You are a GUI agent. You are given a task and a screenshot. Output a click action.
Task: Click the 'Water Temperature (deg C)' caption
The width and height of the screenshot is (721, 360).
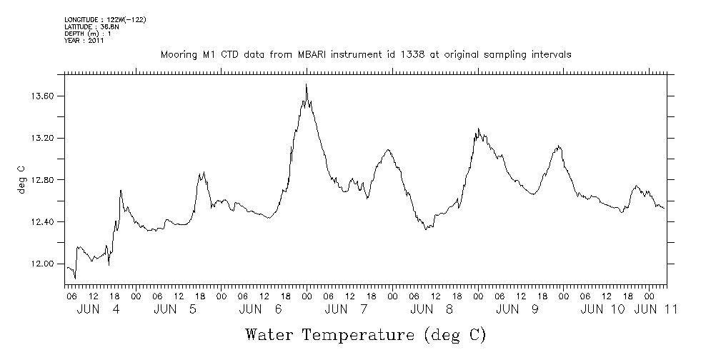pos(365,334)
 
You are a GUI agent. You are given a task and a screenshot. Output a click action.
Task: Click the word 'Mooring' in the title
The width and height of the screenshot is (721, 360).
pos(177,55)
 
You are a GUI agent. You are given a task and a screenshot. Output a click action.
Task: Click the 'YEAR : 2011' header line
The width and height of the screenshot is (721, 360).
pos(84,41)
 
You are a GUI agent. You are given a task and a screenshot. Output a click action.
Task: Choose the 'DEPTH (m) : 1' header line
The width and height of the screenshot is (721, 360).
pos(87,34)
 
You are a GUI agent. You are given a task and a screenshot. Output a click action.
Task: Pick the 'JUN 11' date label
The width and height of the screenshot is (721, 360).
pos(656,309)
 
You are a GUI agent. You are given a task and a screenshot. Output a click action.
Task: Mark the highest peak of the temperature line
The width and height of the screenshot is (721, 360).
pos(307,84)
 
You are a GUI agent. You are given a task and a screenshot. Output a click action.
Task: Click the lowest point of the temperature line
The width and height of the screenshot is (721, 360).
pos(75,279)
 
